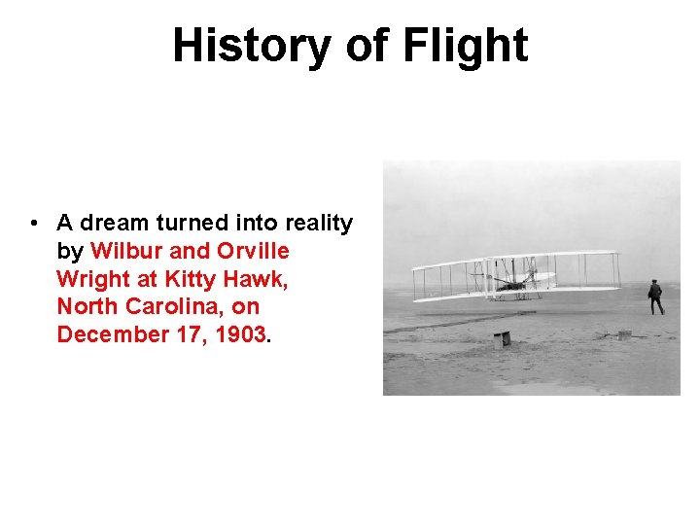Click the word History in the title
tap(251, 46)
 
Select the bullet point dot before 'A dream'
tap(33, 224)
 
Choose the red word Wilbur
tap(125, 251)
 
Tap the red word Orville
tap(253, 251)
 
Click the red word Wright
tap(93, 279)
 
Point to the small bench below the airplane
tap(502, 339)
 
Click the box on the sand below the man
tap(624, 334)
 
